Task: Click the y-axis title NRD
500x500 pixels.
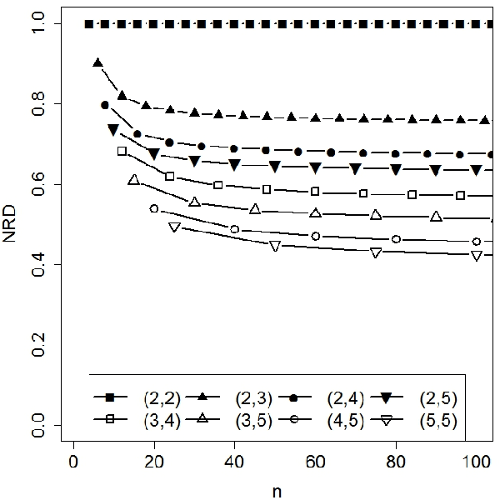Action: point(12,225)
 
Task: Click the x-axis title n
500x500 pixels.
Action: point(276,492)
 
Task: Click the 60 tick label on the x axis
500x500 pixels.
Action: point(315,459)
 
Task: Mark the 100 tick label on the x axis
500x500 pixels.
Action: point(475,459)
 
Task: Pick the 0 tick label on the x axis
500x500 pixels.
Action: point(74,459)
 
